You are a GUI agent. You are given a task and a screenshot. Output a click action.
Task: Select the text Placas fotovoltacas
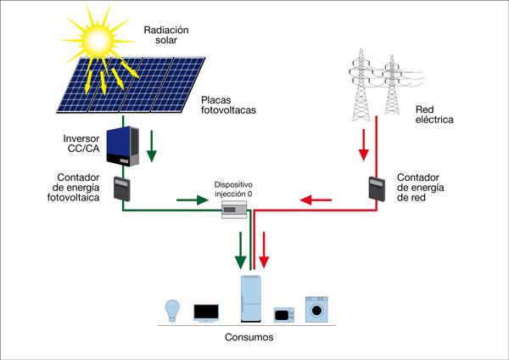pyautogui.click(x=228, y=104)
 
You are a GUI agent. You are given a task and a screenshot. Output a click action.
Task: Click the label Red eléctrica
pyautogui.click(x=434, y=115)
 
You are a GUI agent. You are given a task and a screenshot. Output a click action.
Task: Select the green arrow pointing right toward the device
pyautogui.click(x=192, y=201)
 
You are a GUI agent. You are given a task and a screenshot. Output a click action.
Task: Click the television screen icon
pyautogui.click(x=206, y=312)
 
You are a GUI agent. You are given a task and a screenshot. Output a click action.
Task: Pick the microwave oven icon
pyautogui.click(x=284, y=315)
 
